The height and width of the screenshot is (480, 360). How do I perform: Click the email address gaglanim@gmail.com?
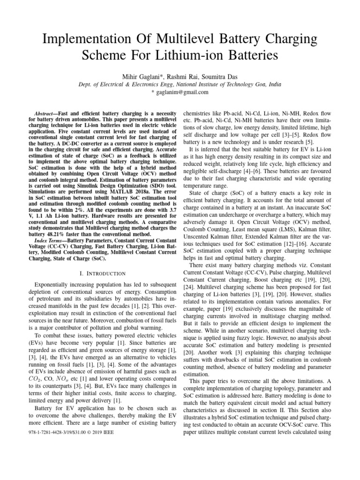pos(182,92)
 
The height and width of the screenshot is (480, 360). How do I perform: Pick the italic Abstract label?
pos(46,114)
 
